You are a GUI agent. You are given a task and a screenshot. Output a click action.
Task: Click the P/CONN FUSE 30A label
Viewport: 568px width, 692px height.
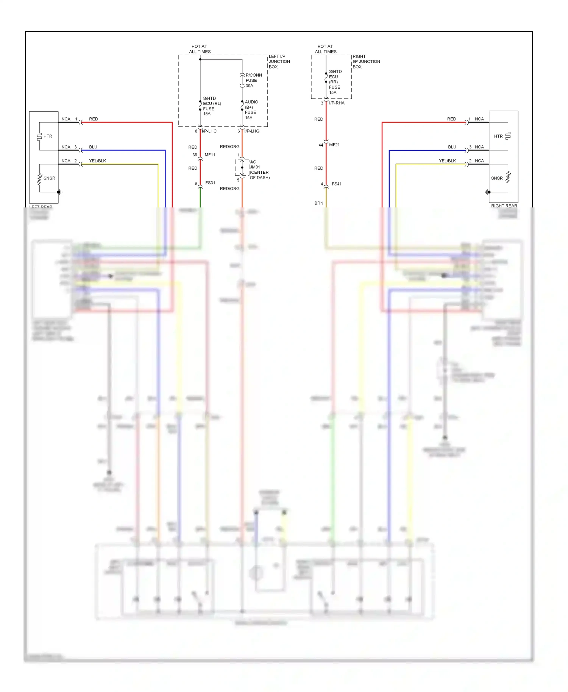(253, 80)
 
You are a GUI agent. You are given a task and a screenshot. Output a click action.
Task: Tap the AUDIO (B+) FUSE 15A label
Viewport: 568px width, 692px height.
(251, 110)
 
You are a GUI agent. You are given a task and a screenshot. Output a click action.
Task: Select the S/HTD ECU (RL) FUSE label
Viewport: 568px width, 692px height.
(212, 106)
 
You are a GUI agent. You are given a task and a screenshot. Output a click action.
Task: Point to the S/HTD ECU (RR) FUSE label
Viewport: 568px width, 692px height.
(335, 82)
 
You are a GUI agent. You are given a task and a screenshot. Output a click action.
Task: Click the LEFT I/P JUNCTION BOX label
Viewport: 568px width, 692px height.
(279, 61)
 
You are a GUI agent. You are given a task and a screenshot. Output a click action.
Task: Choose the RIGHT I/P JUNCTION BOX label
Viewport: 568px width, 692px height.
(366, 61)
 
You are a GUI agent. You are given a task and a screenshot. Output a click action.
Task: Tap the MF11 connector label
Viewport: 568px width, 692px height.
(210, 155)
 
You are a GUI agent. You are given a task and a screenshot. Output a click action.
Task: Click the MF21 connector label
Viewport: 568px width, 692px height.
(334, 145)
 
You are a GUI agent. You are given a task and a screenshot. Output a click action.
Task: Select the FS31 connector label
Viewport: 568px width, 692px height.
(210, 183)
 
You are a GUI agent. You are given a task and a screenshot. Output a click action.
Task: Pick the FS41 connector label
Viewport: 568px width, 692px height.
(337, 184)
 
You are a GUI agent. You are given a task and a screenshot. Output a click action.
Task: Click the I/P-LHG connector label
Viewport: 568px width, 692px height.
(252, 131)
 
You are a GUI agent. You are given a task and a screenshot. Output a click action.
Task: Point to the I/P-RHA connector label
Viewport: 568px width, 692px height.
(337, 103)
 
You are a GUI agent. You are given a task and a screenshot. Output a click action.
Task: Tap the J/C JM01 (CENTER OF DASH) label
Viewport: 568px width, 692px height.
(259, 170)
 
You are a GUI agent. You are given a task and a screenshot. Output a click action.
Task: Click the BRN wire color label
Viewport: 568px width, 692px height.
(319, 203)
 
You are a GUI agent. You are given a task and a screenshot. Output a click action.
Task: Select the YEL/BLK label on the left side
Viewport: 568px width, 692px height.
(97, 161)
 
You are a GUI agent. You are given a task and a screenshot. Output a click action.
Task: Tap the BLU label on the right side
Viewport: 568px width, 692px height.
(452, 147)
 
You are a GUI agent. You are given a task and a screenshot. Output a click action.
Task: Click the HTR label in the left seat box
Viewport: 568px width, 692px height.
(48, 136)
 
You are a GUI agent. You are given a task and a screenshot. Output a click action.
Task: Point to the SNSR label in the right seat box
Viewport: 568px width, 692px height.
(497, 178)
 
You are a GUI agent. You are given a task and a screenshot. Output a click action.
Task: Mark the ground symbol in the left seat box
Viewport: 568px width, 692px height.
(60, 192)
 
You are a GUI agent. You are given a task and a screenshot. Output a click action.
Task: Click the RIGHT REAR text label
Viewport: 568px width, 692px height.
(504, 206)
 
